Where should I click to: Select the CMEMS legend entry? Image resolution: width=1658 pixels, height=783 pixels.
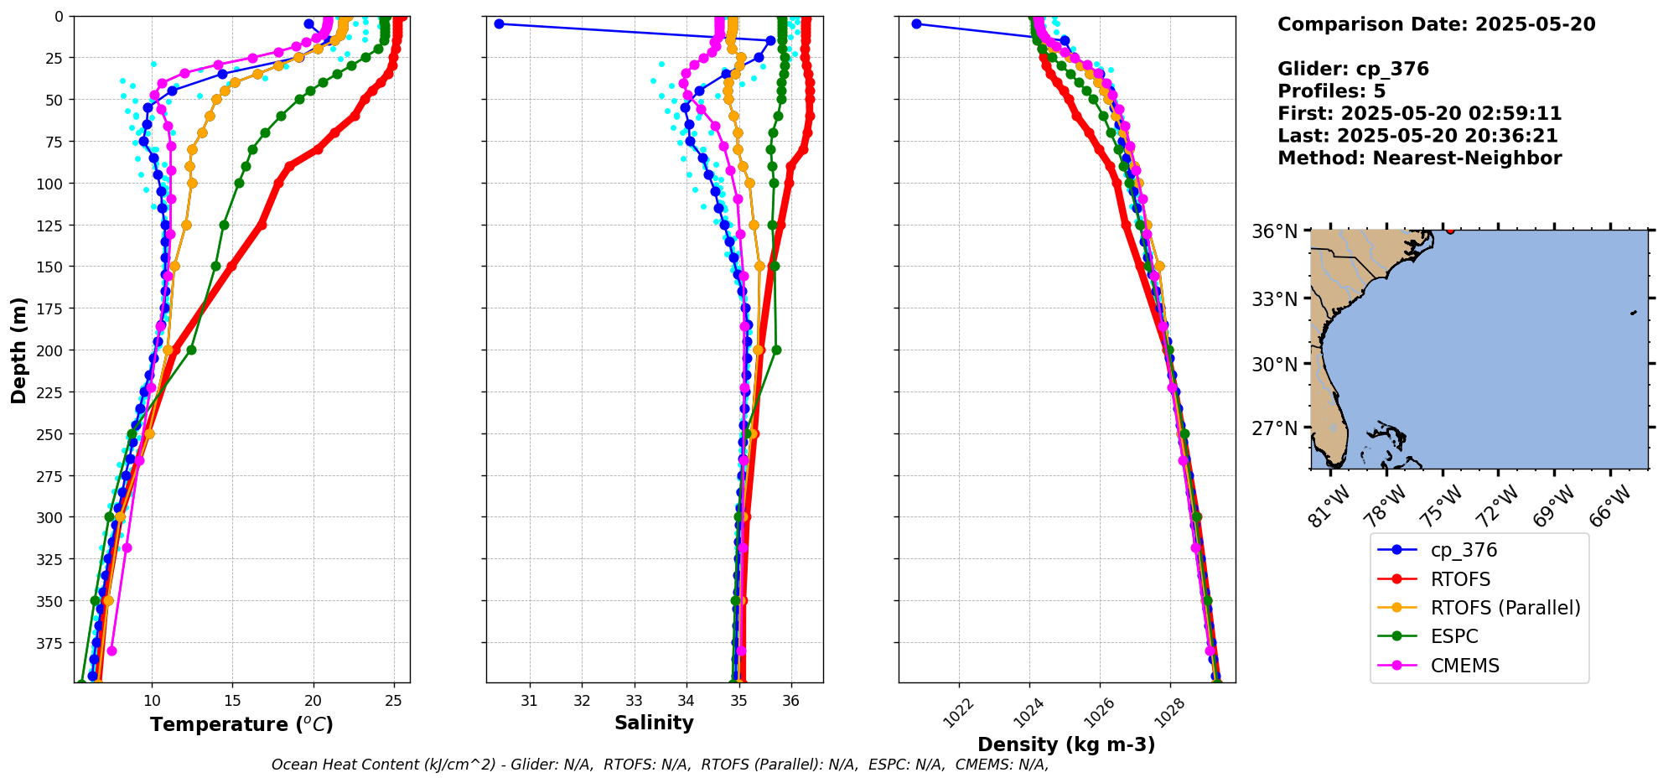click(x=1464, y=666)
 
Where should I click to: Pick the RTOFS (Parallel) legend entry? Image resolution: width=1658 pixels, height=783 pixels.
click(x=1505, y=608)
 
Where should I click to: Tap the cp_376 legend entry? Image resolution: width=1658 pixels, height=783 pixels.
click(x=1464, y=550)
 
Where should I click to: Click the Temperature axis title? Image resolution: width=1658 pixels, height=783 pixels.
click(x=241, y=724)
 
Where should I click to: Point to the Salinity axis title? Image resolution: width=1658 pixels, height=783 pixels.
click(x=654, y=723)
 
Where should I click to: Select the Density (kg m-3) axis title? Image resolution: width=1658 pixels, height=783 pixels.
click(x=1066, y=744)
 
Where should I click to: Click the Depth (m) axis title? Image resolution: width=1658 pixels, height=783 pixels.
click(x=19, y=350)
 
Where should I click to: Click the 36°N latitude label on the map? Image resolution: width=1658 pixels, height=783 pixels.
click(x=1274, y=231)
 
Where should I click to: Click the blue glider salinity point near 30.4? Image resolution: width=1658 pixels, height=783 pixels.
click(x=499, y=23)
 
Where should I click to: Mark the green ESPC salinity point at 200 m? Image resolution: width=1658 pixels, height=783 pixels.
click(x=776, y=350)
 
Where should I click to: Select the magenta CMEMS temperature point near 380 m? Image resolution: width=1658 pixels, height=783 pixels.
click(x=111, y=651)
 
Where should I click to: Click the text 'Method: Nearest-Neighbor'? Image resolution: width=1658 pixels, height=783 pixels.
click(x=1419, y=158)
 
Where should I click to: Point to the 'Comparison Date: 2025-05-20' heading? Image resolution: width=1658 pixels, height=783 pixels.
click(x=1436, y=24)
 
